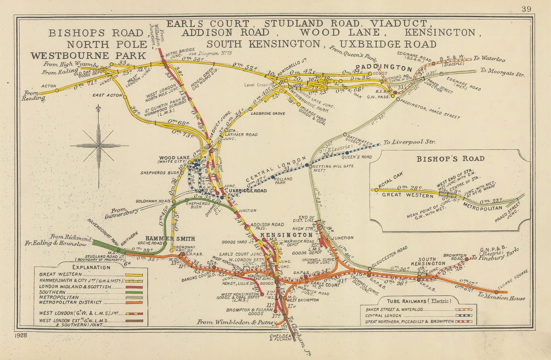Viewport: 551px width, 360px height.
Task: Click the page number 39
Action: click(x=526, y=9)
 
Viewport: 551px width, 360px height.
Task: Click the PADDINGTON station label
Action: click(x=384, y=67)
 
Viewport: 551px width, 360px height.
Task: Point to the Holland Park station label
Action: click(x=283, y=181)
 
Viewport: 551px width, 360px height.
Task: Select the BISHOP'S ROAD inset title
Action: click(x=450, y=159)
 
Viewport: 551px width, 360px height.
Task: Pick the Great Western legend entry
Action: click(x=61, y=274)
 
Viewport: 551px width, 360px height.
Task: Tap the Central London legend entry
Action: click(x=383, y=315)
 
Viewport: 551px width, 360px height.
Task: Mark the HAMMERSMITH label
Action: click(x=170, y=239)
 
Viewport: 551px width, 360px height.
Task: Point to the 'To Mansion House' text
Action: click(x=501, y=296)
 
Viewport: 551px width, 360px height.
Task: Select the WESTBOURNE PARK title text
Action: click(x=89, y=56)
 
